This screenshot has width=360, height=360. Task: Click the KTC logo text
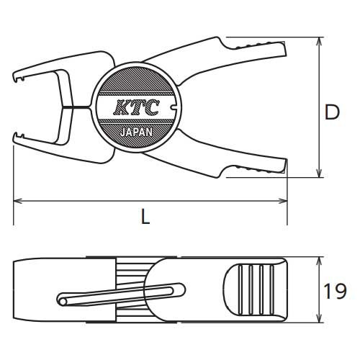(x=136, y=107)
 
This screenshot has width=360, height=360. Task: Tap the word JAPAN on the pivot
(x=136, y=132)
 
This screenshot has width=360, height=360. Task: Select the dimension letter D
(x=332, y=112)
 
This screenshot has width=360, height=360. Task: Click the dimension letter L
(x=145, y=217)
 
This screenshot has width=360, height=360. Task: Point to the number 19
(x=335, y=291)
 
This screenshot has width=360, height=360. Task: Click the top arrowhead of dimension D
(x=319, y=41)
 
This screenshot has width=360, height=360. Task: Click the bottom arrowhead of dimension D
(x=319, y=174)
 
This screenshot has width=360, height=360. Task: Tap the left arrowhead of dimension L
(x=18, y=201)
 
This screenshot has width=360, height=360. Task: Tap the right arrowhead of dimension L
(x=283, y=201)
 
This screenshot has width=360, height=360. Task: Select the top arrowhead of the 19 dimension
(x=319, y=261)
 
